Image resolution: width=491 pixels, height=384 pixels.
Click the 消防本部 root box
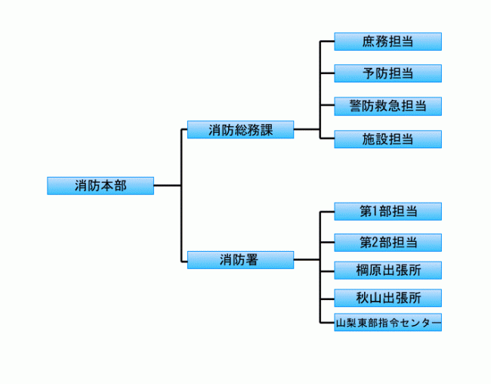pyautogui.click(x=100, y=186)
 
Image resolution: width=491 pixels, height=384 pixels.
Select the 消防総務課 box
pyautogui.click(x=240, y=129)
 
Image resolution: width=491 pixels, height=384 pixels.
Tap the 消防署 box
pyautogui.click(x=240, y=260)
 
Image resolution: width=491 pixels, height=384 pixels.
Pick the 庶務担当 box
pyautogui.click(x=388, y=42)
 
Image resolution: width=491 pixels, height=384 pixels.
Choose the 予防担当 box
pyautogui.click(x=388, y=73)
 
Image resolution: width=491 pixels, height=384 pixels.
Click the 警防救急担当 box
pyautogui.click(x=388, y=106)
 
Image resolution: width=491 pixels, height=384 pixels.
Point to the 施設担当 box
pyautogui.click(x=388, y=139)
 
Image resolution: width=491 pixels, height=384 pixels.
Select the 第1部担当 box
pyautogui.click(x=388, y=211)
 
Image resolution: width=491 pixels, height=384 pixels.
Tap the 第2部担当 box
pyautogui.click(x=388, y=243)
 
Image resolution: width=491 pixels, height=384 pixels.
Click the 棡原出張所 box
pyautogui.click(x=388, y=270)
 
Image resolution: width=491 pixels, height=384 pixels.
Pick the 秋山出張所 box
pyautogui.click(x=388, y=298)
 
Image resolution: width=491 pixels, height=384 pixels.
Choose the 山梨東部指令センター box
pyautogui.click(x=388, y=323)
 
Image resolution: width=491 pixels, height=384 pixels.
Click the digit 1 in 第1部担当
pyautogui.click(x=373, y=211)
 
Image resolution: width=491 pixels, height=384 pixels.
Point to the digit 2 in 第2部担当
pyautogui.click(x=373, y=243)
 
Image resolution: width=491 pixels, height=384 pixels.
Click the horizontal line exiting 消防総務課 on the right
pyautogui.click(x=307, y=129)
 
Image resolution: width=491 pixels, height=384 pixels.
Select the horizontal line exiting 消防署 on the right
pyautogui.click(x=307, y=260)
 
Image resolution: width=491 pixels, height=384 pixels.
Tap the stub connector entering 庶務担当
pyautogui.click(x=328, y=42)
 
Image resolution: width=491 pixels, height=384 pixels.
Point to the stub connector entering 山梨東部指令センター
pyautogui.click(x=328, y=323)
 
